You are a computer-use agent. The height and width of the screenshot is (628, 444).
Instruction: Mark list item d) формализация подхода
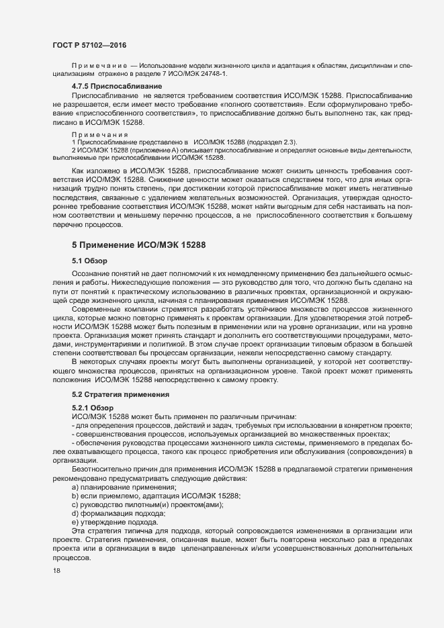click(x=109, y=513)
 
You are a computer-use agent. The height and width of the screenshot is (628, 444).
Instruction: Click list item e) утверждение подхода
click(x=105, y=522)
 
